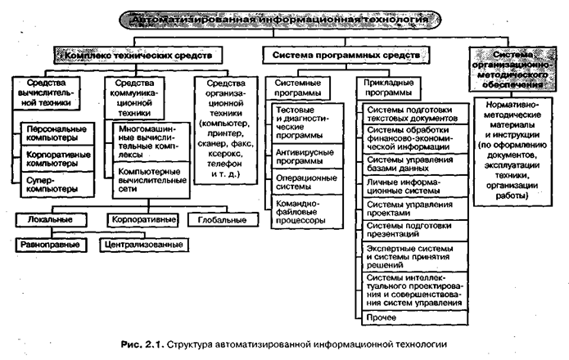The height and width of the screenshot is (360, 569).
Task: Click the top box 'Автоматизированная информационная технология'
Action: (x=285, y=17)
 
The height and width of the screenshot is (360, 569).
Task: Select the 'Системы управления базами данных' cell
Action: (x=413, y=164)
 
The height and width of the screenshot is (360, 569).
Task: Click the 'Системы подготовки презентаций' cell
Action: (x=413, y=231)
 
